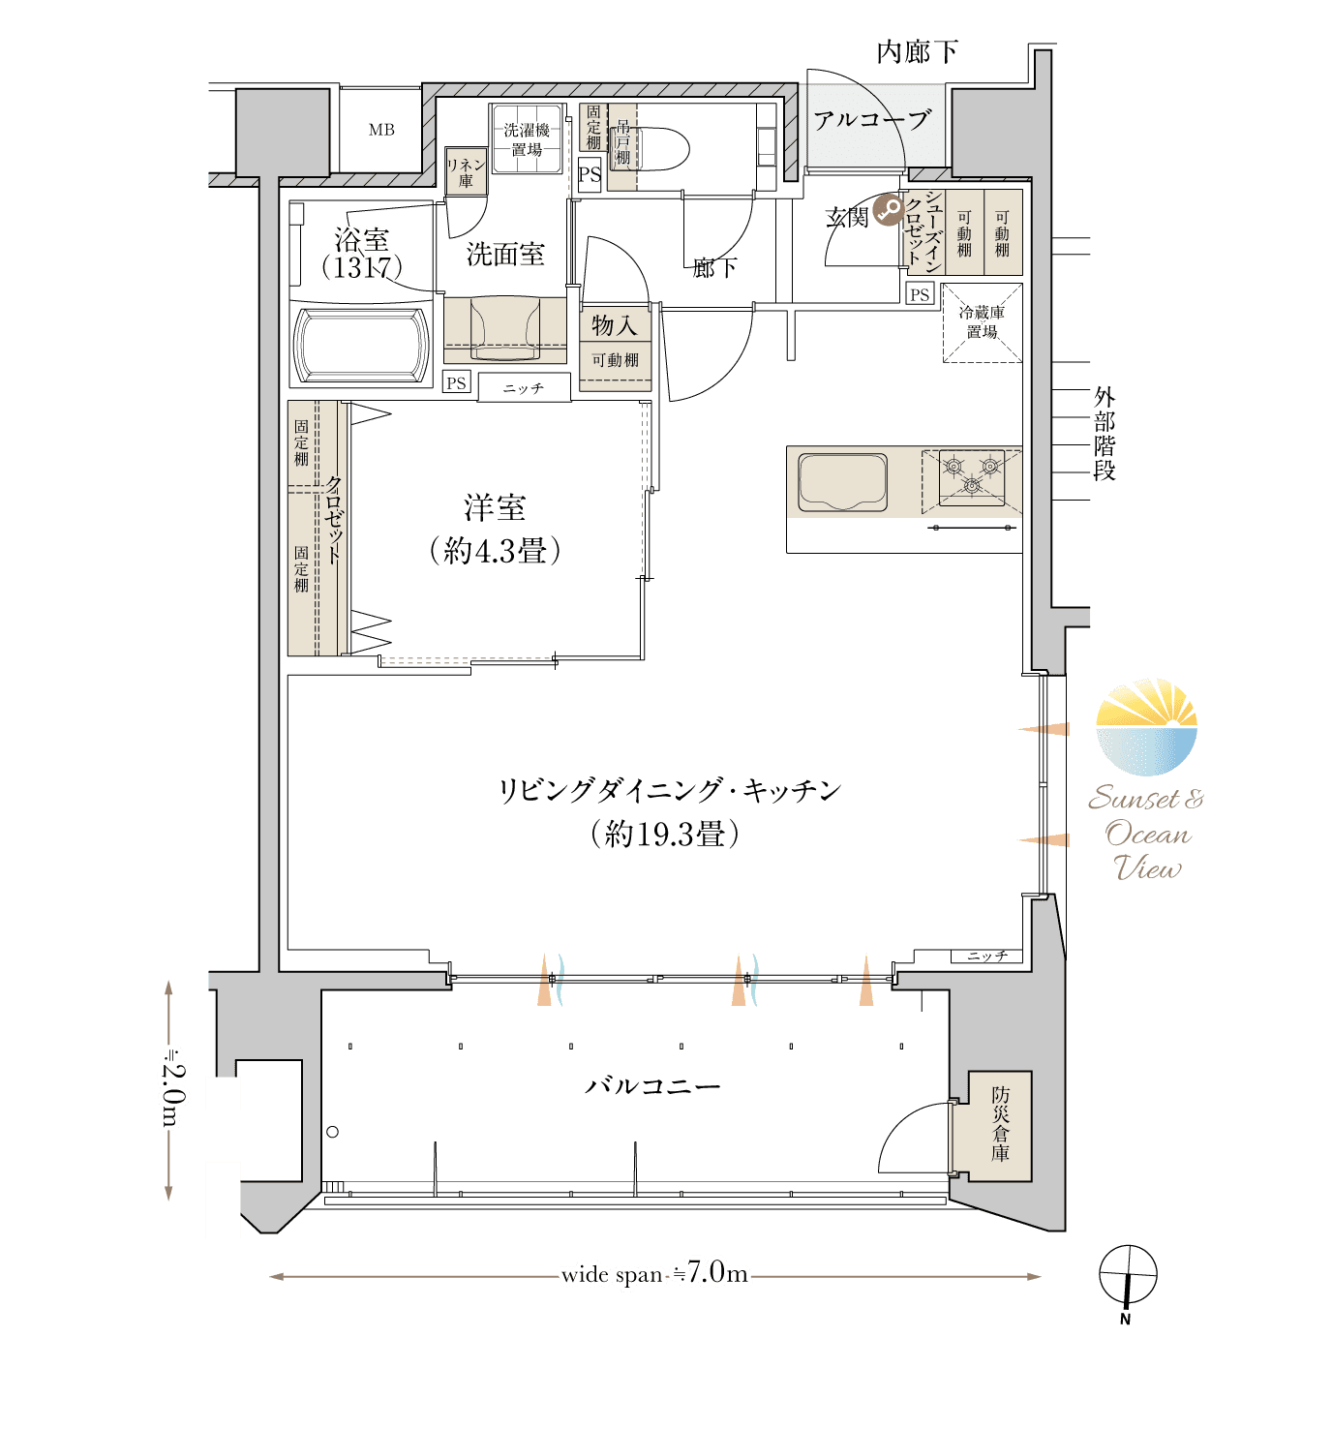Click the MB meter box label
click(380, 130)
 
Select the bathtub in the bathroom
click(360, 345)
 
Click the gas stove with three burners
click(971, 477)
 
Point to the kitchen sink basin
click(842, 481)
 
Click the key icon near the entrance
click(888, 210)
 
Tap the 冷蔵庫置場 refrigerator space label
click(981, 321)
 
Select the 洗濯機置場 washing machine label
click(526, 139)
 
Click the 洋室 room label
click(494, 508)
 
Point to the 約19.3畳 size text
click(664, 834)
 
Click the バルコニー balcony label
click(651, 1085)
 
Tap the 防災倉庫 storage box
click(1000, 1126)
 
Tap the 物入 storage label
click(614, 325)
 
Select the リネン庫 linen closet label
click(466, 172)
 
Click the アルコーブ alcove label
click(872, 119)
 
